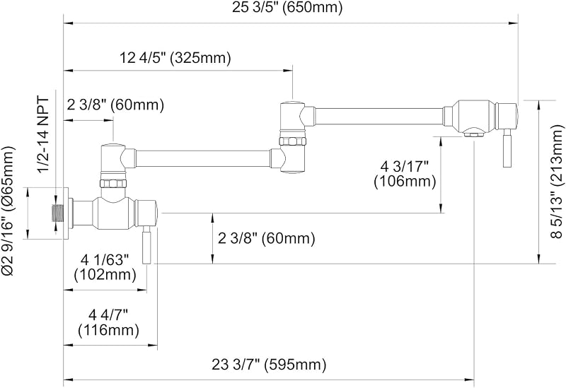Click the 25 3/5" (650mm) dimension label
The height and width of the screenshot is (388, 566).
(x=287, y=7)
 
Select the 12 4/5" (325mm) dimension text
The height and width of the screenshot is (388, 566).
(x=175, y=57)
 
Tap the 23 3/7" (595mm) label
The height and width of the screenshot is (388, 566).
(x=269, y=365)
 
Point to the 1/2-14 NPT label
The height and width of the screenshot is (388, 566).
(x=44, y=134)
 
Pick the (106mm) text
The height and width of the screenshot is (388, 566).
(x=405, y=181)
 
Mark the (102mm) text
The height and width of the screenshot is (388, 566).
(x=105, y=275)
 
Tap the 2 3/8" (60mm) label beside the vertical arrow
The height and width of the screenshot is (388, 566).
(x=267, y=238)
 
